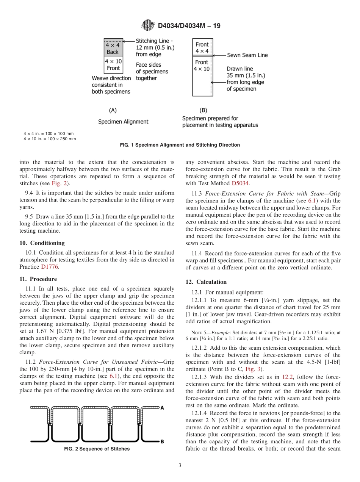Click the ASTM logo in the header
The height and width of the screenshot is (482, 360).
[x=148, y=26]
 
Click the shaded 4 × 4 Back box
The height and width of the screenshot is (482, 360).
[x=113, y=48]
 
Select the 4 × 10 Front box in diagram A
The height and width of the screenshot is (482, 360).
[x=113, y=65]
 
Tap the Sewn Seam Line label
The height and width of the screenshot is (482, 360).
[x=247, y=55]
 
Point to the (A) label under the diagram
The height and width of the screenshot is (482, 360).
[x=113, y=110]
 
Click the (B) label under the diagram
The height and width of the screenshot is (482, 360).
[x=203, y=110]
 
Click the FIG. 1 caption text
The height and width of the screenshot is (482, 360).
[x=180, y=145]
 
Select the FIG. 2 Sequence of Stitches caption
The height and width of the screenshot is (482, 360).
[x=97, y=449]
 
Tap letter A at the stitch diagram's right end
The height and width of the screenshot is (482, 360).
[x=162, y=408]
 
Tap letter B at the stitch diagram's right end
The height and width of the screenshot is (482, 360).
[x=162, y=441]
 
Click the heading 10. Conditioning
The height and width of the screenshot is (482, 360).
[x=42, y=243]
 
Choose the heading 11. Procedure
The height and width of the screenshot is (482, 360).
[x=38, y=279]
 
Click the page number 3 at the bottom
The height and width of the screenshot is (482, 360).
[x=180, y=465]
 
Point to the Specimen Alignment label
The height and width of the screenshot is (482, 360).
[x=123, y=122]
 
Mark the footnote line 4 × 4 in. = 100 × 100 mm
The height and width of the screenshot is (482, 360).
[x=49, y=134]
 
